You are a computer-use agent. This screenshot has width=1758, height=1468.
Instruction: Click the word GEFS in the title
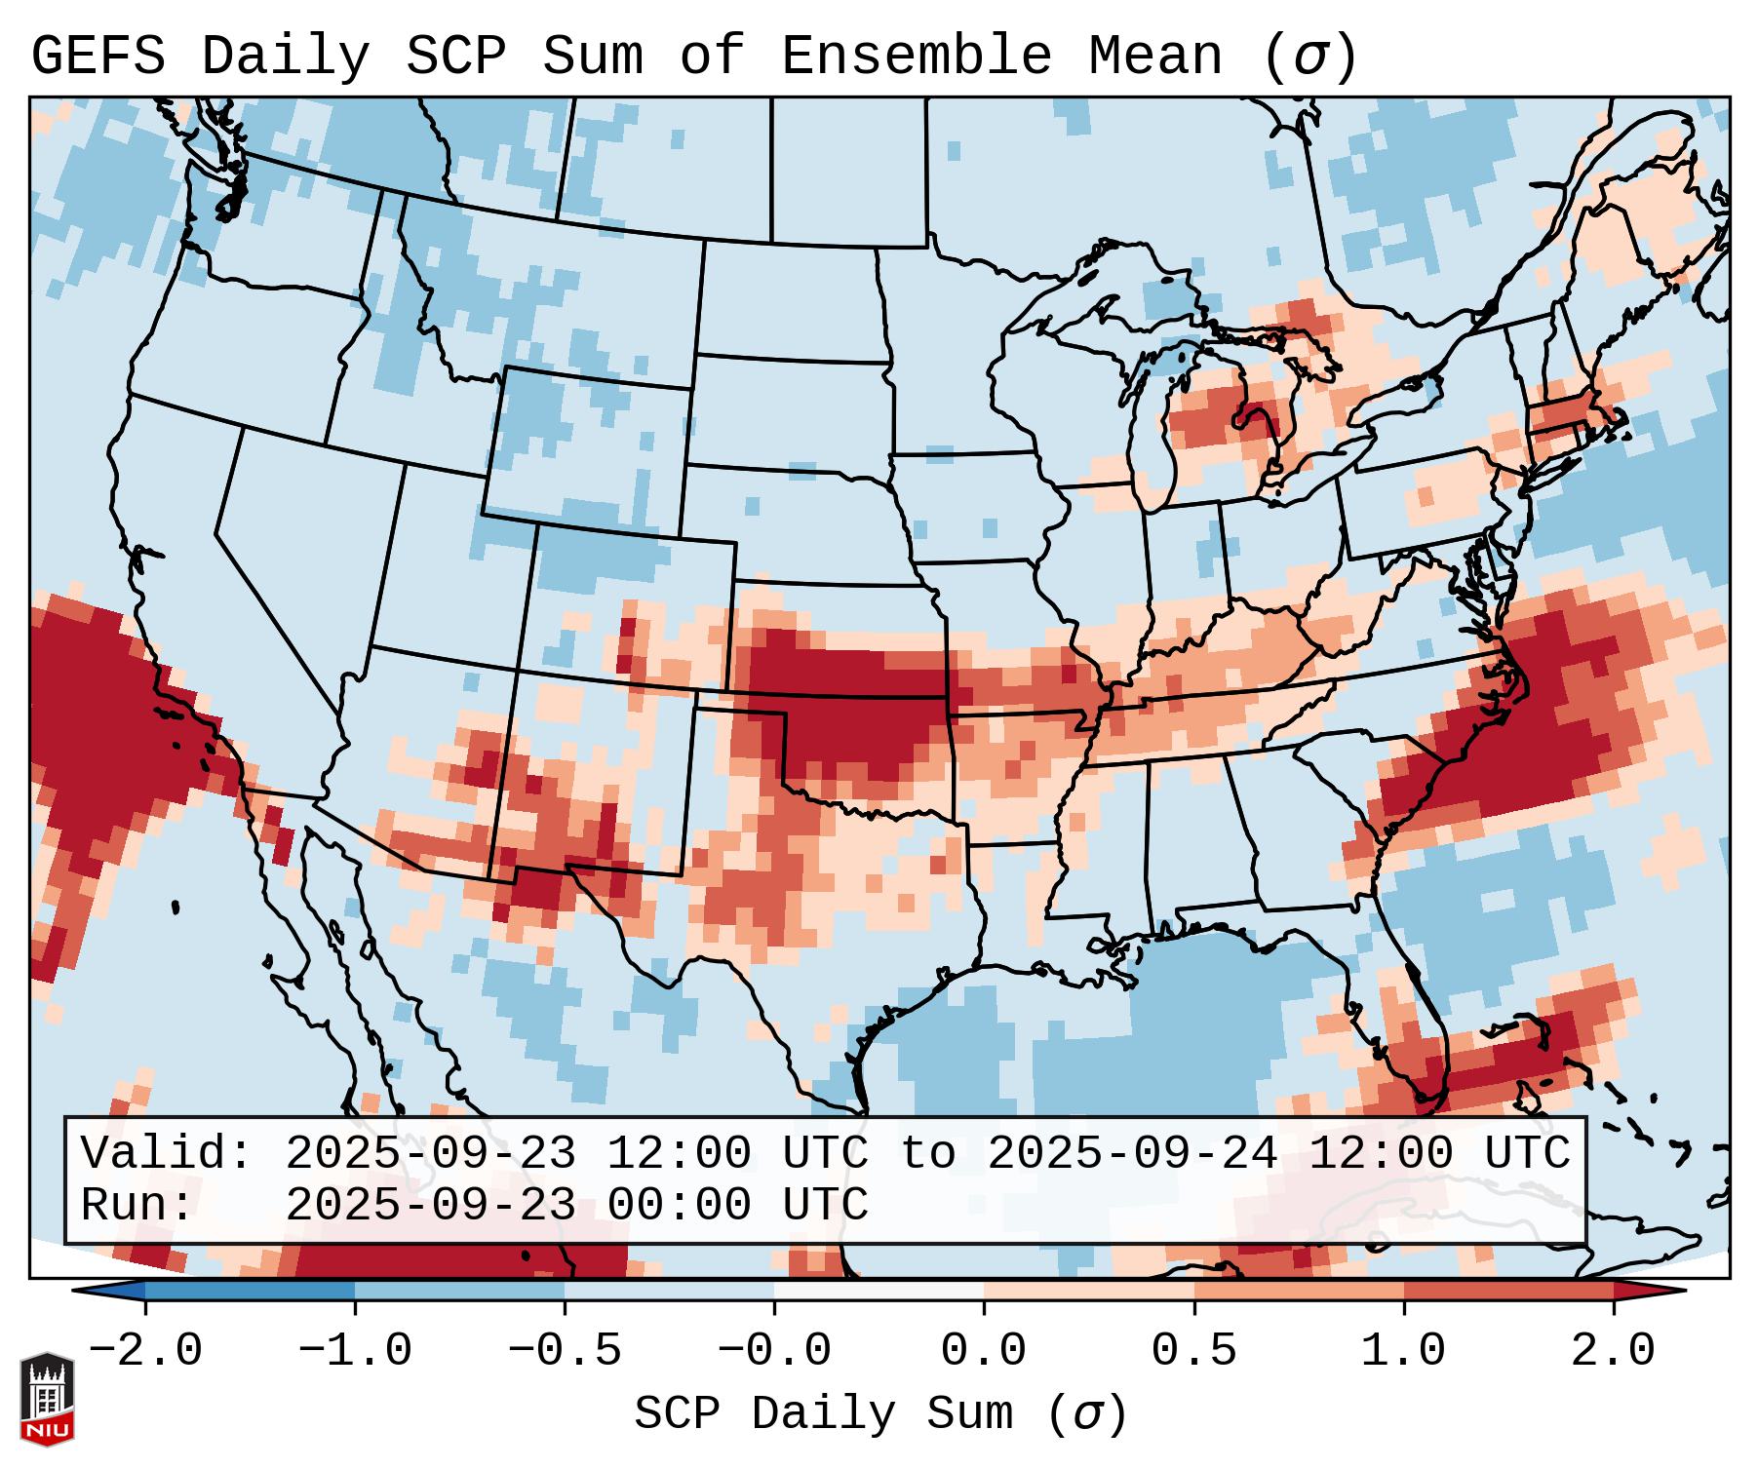[x=98, y=57]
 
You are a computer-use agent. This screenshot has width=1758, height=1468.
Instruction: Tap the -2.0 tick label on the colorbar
[x=145, y=1351]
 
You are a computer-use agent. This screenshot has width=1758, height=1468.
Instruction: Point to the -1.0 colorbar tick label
[x=355, y=1351]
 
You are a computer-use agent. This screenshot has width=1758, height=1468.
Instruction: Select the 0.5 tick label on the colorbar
[x=1193, y=1351]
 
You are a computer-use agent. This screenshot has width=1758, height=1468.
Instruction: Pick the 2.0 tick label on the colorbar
[x=1613, y=1351]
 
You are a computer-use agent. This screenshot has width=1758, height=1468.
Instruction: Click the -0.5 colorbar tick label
[x=565, y=1351]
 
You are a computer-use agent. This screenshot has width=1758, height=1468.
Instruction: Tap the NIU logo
[x=47, y=1400]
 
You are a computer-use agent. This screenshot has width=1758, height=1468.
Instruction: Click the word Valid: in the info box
[x=167, y=1154]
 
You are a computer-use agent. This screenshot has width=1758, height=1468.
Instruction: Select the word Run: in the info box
[x=137, y=1206]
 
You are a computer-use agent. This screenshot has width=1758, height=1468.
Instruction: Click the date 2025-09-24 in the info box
[x=1132, y=1154]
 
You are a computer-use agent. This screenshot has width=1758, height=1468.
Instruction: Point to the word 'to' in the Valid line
[x=927, y=1154]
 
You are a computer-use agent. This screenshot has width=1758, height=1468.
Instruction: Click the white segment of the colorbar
[x=879, y=1291]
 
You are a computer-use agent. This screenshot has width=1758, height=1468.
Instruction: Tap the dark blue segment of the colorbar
[x=250, y=1291]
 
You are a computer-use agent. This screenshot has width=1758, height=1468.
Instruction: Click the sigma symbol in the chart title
[x=1309, y=57]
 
